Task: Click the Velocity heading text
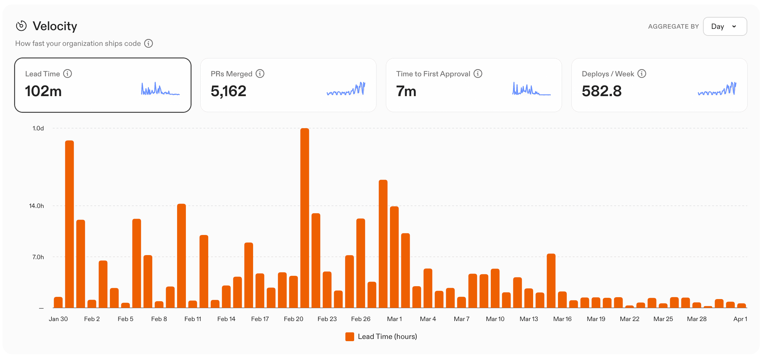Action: [55, 26]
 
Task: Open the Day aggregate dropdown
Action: [724, 26]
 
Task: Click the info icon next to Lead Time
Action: [68, 74]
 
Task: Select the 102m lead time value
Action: [43, 91]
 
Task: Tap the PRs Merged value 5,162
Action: [228, 91]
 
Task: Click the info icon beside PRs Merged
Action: [260, 74]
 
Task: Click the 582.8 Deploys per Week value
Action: [601, 91]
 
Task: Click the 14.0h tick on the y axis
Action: [36, 206]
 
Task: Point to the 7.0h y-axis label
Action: [38, 257]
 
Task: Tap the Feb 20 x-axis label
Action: [293, 319]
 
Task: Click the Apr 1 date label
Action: [740, 319]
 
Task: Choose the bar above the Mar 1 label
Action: [394, 258]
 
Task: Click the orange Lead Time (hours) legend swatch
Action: [349, 336]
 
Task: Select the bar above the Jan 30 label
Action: [58, 302]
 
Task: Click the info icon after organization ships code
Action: [149, 43]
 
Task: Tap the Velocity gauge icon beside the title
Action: [21, 26]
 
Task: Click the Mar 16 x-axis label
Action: [562, 319]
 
